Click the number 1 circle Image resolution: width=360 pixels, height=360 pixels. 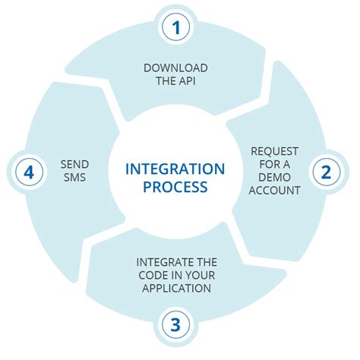[175, 29]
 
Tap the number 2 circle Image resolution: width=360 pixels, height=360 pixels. [326, 172]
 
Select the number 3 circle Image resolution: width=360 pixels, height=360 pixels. [175, 326]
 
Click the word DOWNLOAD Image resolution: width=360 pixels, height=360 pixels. [175, 68]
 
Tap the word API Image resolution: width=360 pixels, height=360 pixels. [186, 81]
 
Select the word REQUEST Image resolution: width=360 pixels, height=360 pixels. [275, 150]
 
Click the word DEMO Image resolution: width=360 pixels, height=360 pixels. [275, 177]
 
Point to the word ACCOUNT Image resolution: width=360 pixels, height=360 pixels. [275, 190]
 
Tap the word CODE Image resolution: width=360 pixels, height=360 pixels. [153, 276]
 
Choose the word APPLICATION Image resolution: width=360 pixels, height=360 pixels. [175, 289]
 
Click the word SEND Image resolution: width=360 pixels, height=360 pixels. [74, 164]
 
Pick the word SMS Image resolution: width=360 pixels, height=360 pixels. [74, 178]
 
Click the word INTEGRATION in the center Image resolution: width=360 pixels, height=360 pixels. [175, 168]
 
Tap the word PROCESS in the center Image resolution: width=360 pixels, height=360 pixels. [175, 187]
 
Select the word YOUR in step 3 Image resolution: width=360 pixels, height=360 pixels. [201, 276]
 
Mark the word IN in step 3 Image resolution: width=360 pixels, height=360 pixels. [178, 276]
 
